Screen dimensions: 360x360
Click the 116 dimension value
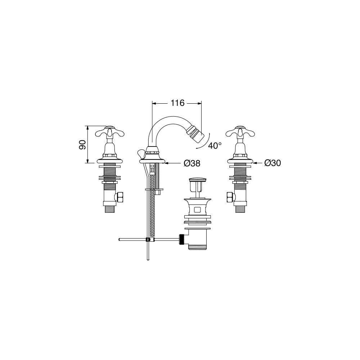click(x=177, y=103)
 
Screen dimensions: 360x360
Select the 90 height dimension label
click(x=82, y=145)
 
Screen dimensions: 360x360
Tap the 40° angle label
click(x=215, y=145)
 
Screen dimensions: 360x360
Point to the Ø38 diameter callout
click(x=192, y=163)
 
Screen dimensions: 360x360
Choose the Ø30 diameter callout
click(x=273, y=163)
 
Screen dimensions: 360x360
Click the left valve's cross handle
click(x=110, y=132)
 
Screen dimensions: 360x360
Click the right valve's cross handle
click(x=240, y=132)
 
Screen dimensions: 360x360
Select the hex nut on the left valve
click(x=120, y=197)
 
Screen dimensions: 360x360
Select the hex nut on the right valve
click(x=230, y=197)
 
